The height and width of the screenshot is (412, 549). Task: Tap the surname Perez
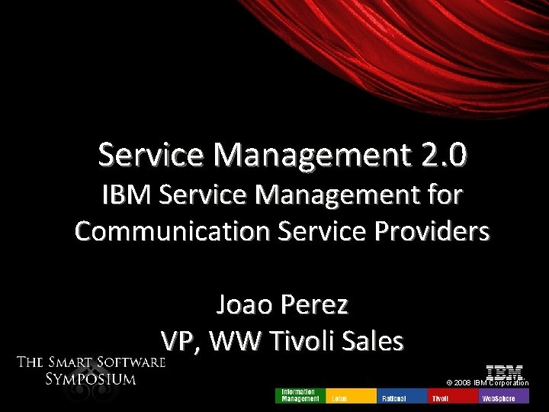[316, 305]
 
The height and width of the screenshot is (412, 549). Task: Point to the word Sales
[371, 341]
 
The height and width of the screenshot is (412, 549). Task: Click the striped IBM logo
[504, 372]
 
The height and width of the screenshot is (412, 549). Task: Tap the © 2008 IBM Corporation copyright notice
[488, 382]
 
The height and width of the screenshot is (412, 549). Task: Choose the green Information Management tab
[300, 395]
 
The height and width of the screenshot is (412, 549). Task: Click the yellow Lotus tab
[350, 395]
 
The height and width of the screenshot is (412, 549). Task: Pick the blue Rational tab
[401, 395]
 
